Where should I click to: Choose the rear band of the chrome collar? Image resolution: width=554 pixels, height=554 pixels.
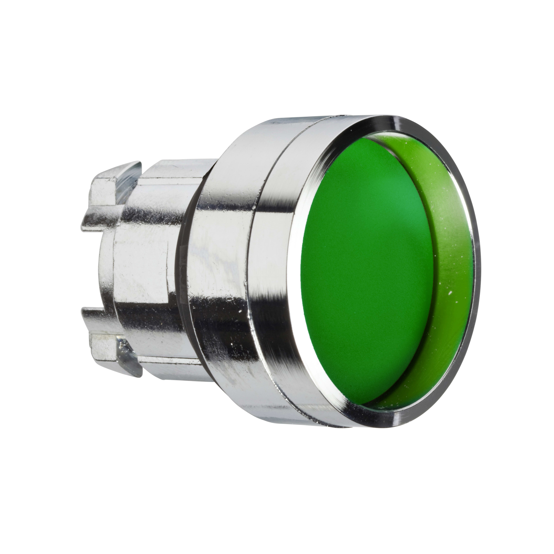pos(218,272)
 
